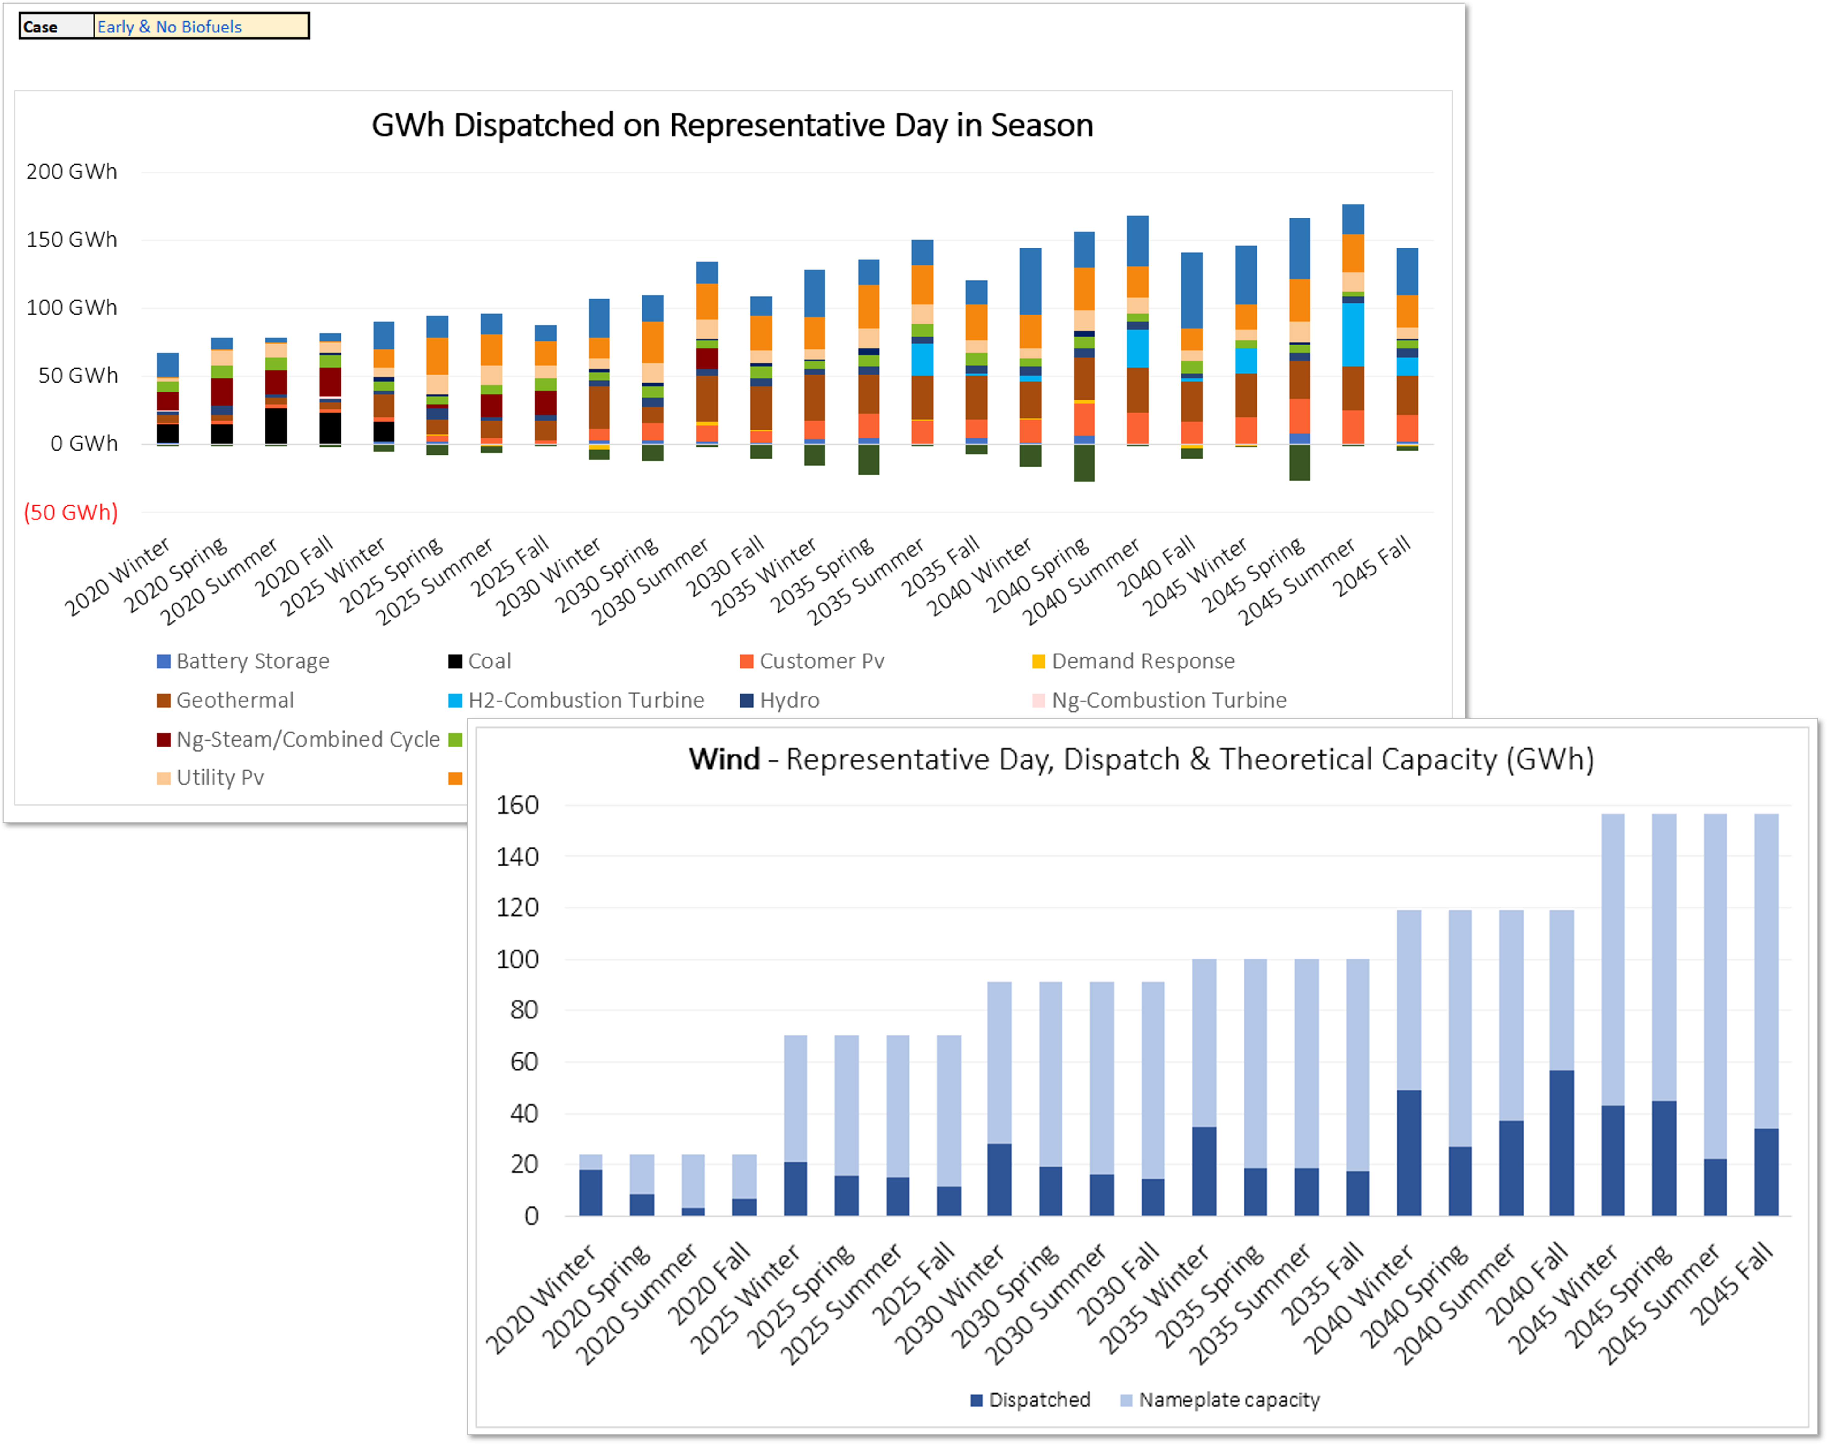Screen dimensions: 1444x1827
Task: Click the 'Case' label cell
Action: click(56, 26)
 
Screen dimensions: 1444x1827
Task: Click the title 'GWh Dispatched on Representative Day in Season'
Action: click(732, 125)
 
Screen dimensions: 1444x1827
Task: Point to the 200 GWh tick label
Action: click(72, 172)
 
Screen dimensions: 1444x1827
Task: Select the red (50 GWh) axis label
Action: click(71, 512)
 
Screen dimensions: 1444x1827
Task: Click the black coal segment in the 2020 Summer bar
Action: click(277, 425)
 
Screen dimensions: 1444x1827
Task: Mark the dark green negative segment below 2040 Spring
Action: click(1084, 463)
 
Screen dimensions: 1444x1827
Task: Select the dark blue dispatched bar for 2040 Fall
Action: click(1562, 1143)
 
